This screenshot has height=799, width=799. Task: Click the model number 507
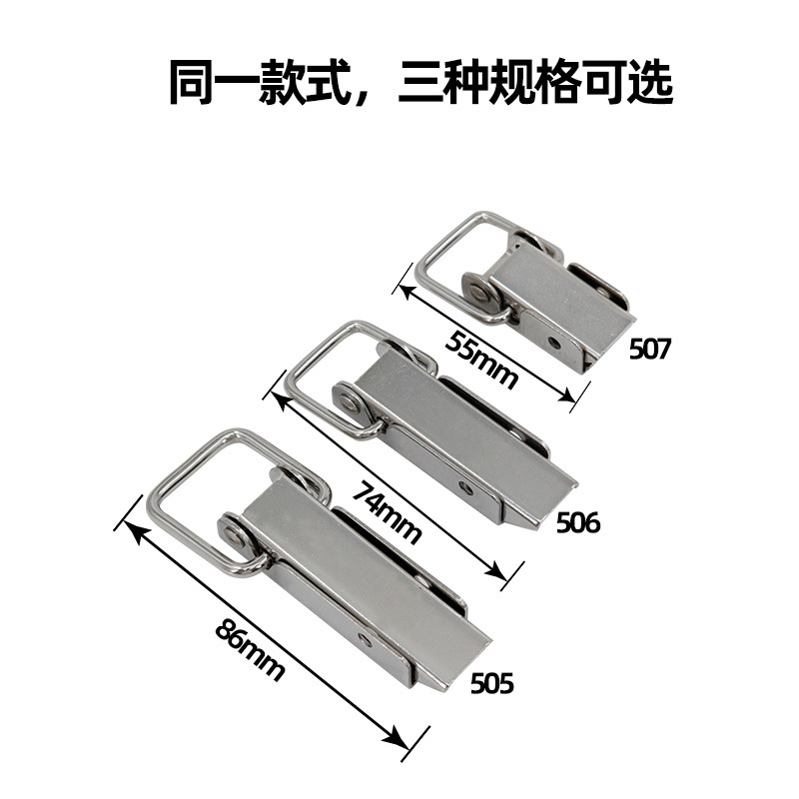click(650, 349)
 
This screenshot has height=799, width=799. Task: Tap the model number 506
click(578, 522)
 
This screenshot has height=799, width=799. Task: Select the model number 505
click(491, 683)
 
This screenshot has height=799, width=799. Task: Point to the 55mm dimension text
click(481, 360)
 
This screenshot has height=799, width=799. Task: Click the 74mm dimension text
click(388, 513)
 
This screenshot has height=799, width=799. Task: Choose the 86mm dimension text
click(249, 650)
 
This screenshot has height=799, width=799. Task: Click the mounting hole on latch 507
click(554, 343)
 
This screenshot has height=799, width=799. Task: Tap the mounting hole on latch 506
click(465, 487)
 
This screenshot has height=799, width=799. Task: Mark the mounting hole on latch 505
click(366, 640)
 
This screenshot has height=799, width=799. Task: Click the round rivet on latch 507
click(477, 292)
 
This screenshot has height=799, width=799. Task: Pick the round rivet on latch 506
click(349, 404)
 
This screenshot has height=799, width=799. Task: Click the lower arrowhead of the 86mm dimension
click(398, 739)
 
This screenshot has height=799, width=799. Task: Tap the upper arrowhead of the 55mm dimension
click(408, 294)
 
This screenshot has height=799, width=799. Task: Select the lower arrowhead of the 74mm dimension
click(496, 571)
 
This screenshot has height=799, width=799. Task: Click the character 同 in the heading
click(191, 82)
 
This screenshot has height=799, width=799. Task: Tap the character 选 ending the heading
click(651, 82)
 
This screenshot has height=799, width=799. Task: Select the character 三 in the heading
click(419, 82)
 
